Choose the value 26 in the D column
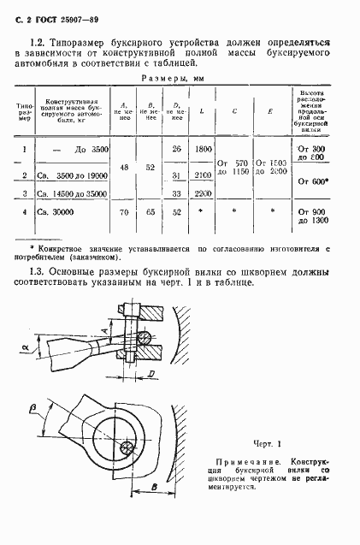(x=177, y=149)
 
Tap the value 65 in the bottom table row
(x=150, y=211)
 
